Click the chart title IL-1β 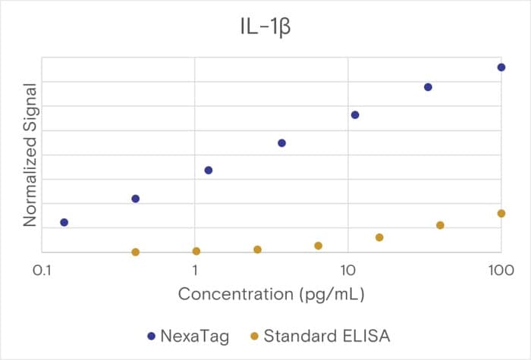[x=265, y=27]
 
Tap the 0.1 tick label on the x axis [x=42, y=271]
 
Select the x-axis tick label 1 [x=195, y=271]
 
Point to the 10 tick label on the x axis [x=347, y=271]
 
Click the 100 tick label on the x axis [x=501, y=271]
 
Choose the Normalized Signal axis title [x=30, y=155]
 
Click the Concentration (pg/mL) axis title [x=272, y=294]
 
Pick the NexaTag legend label [x=195, y=336]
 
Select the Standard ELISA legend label [x=327, y=336]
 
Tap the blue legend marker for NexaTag [x=152, y=336]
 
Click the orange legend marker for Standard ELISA [x=254, y=336]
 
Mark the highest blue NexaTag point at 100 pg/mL [x=501, y=67]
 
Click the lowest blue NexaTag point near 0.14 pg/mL [x=64, y=222]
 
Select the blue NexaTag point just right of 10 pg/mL [x=355, y=115]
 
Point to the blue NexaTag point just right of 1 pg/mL [x=209, y=171]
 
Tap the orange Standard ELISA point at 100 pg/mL [x=501, y=214]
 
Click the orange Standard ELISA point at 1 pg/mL [x=196, y=251]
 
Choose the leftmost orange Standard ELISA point [x=136, y=252]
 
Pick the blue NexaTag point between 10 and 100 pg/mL [x=428, y=87]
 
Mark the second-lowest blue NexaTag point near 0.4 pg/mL [x=136, y=199]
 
